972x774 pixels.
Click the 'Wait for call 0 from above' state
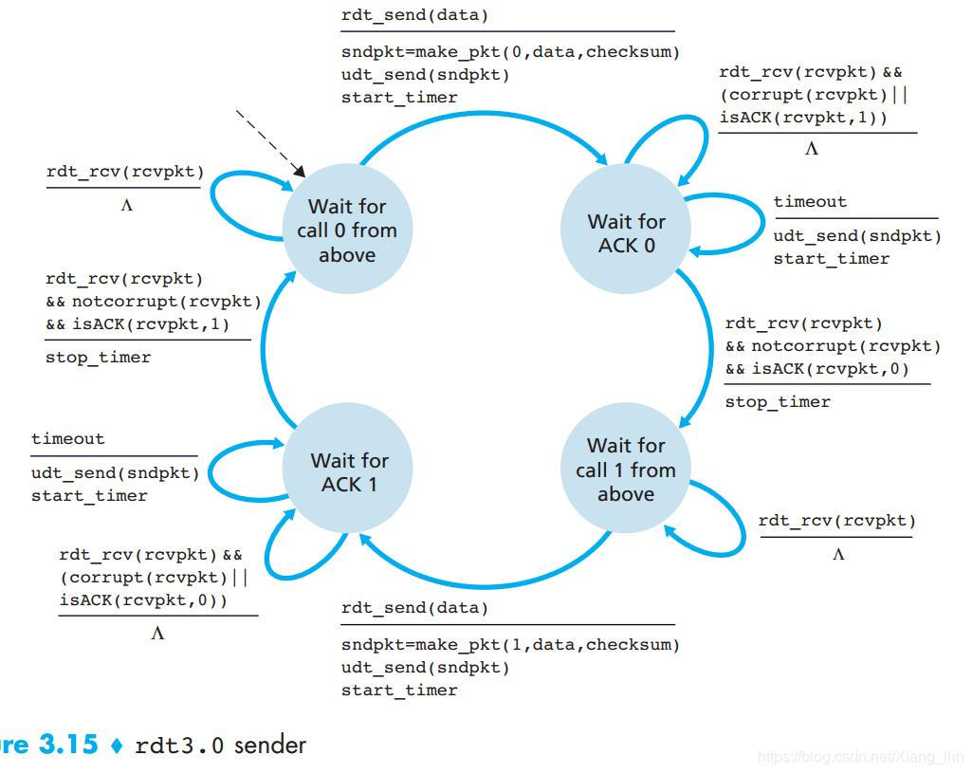(347, 230)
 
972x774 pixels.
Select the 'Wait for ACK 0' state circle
(626, 233)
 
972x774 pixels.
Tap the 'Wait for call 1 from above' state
(626, 470)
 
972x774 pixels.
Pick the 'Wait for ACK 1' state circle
(349, 471)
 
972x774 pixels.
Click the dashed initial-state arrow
(269, 142)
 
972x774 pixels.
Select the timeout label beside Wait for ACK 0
(810, 201)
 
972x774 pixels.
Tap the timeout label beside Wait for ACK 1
(68, 439)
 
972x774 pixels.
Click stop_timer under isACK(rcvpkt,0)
(778, 402)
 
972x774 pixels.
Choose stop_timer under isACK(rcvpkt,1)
(99, 358)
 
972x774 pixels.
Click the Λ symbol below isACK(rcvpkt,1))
(811, 149)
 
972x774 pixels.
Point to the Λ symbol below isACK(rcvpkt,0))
(157, 634)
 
